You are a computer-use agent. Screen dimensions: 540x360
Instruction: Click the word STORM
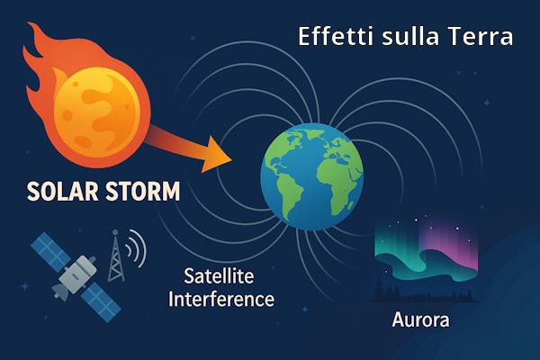click(x=142, y=191)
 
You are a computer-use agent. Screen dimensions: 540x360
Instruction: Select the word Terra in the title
click(x=480, y=36)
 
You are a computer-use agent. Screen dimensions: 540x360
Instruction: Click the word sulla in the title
click(x=410, y=36)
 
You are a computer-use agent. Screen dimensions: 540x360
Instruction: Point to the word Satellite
click(x=219, y=276)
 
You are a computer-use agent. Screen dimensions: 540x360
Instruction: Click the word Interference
click(x=221, y=299)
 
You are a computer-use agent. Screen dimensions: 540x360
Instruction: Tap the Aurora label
click(x=420, y=319)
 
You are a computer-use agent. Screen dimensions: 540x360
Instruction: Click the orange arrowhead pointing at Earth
click(x=216, y=154)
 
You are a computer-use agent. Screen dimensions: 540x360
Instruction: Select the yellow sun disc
click(x=97, y=112)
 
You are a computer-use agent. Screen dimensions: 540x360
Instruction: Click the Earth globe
click(x=312, y=176)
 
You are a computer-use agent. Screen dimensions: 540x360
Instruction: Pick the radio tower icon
click(x=116, y=256)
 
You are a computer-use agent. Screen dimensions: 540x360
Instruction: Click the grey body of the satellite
click(x=76, y=274)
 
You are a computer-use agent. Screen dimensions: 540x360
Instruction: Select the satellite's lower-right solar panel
click(x=101, y=302)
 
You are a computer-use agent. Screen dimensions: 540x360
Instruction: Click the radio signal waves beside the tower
click(x=137, y=248)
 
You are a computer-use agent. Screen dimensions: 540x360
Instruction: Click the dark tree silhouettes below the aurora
click(x=424, y=292)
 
